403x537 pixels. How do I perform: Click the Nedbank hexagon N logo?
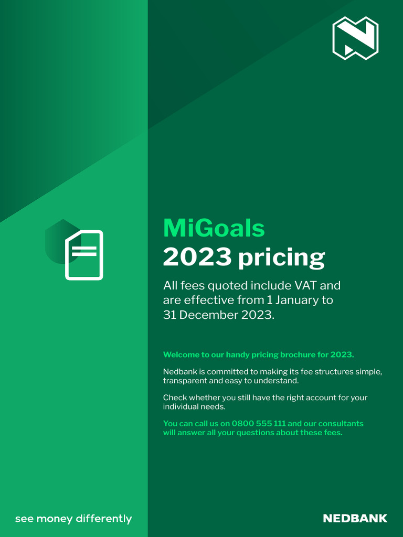point(355,38)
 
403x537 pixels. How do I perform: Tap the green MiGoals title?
point(214,228)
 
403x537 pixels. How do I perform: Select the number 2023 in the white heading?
point(197,257)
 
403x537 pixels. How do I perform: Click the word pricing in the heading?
point(281,258)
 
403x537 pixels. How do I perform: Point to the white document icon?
point(84,255)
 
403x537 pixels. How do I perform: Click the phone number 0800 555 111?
point(259,423)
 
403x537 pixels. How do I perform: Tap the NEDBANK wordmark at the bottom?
point(355,519)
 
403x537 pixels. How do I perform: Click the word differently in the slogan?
point(104,519)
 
